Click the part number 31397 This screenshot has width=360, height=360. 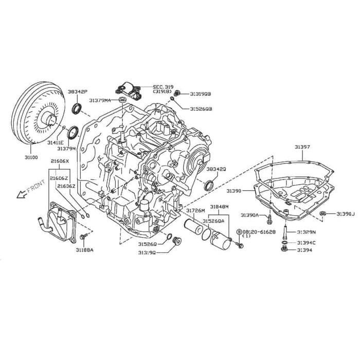302,148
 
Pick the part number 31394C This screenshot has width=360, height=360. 307,242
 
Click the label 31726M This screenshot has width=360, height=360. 195,211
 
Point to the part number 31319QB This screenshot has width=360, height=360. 201,94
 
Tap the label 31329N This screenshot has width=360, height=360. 307,232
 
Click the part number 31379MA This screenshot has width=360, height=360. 100,100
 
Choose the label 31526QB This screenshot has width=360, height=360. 201,109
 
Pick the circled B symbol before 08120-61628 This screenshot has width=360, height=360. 239,232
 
